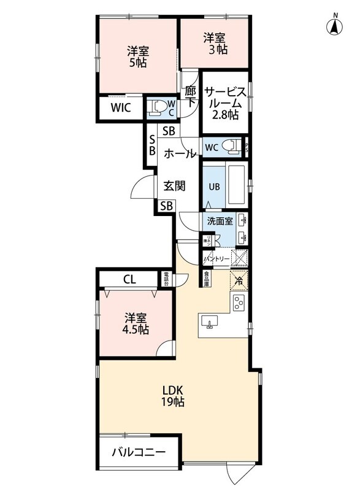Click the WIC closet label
(121, 109)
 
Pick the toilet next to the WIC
(158, 109)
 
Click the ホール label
(180, 154)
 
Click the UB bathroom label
(214, 186)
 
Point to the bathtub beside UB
(237, 186)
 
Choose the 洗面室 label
(219, 221)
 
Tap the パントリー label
(216, 259)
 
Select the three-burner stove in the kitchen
(238, 302)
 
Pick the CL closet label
(129, 279)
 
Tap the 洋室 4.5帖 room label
(137, 323)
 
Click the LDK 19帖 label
(173, 396)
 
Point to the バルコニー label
(138, 453)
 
